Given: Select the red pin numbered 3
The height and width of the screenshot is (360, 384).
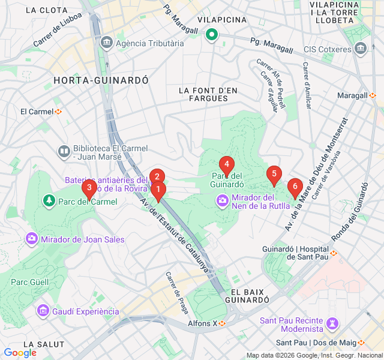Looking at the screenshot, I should click(89, 189).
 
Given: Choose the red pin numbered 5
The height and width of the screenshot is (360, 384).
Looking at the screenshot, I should click(274, 175).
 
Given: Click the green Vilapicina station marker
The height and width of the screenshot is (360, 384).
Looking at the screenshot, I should click(211, 35).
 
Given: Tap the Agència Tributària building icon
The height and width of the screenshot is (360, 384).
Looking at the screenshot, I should click(107, 43).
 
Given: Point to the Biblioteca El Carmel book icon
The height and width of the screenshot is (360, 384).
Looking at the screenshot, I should click(64, 151).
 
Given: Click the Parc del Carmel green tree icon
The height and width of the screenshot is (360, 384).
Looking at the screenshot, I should click(48, 200).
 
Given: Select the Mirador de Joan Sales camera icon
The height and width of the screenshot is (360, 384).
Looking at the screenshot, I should click(31, 239).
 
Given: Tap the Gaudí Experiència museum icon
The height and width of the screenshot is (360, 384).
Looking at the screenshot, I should click(43, 311).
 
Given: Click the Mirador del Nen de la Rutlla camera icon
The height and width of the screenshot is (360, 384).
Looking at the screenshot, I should click(223, 200).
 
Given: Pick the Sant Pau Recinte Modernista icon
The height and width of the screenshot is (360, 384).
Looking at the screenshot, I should click(331, 325).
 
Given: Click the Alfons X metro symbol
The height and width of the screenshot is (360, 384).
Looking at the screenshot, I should click(222, 323).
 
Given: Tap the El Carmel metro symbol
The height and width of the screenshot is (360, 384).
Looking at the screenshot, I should click(59, 112).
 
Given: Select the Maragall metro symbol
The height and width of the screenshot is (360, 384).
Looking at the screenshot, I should click(373, 95).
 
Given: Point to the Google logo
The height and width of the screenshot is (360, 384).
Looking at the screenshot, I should click(20, 353).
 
